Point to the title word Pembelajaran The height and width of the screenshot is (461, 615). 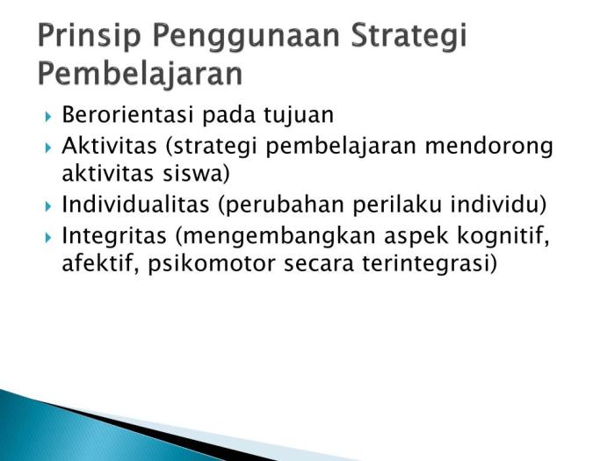(x=140, y=75)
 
